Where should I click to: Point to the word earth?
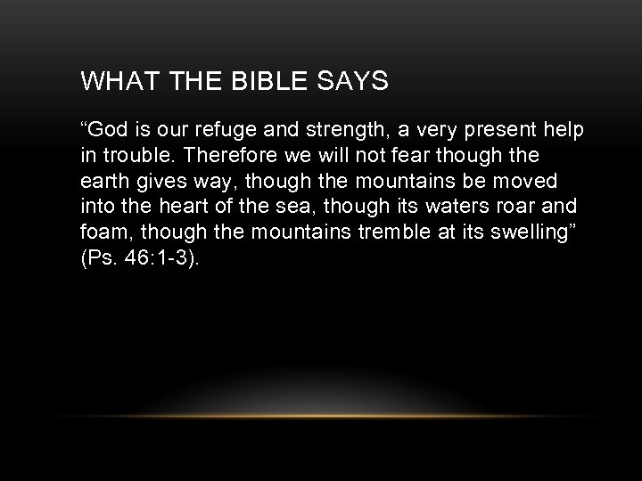(103, 181)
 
